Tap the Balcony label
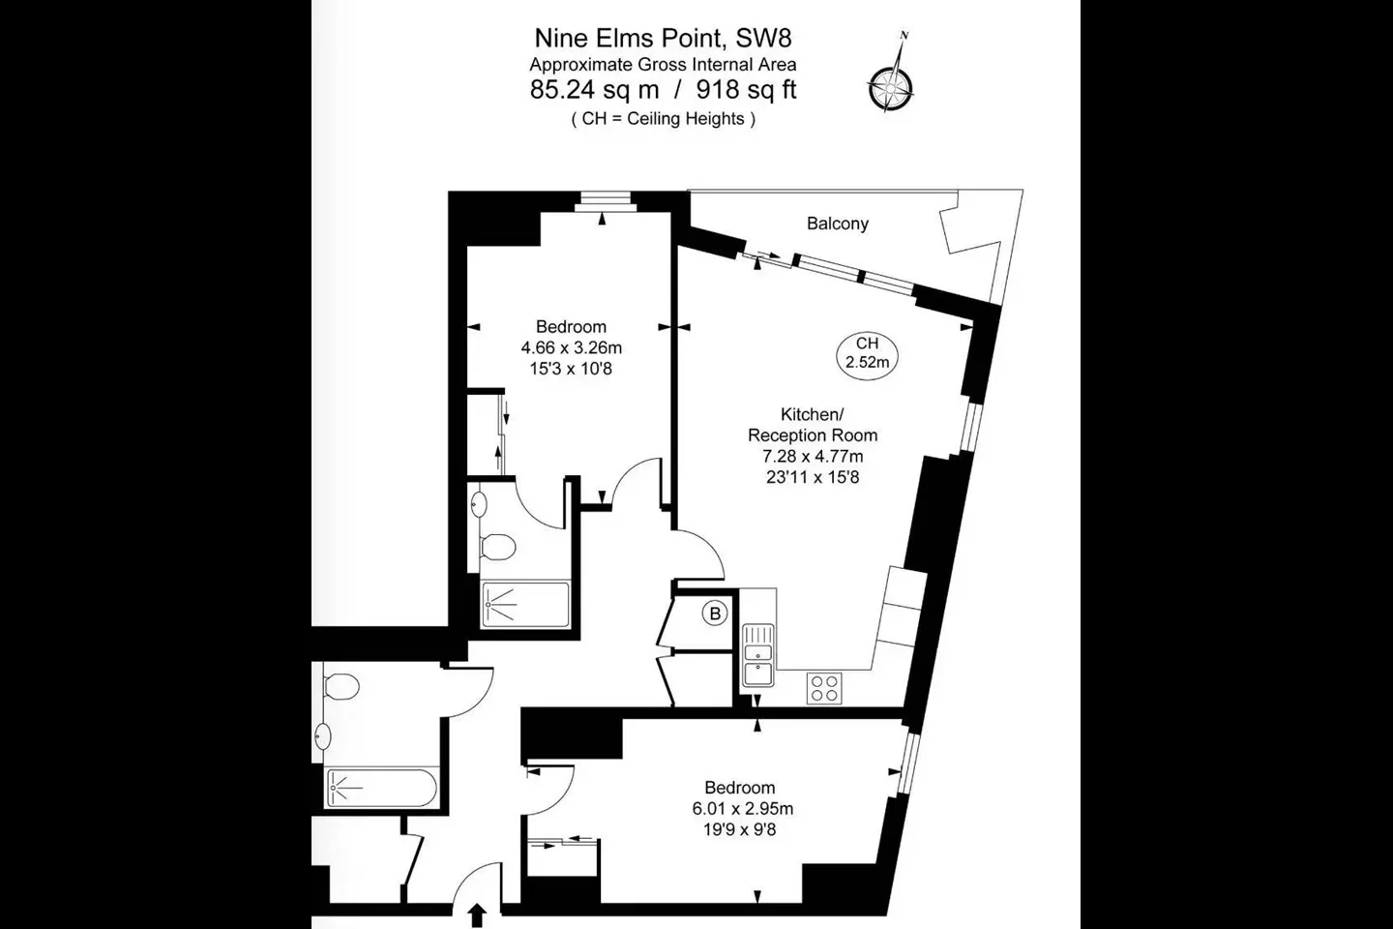pyautogui.click(x=837, y=224)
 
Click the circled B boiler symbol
pyautogui.click(x=715, y=614)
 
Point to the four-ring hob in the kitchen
pyautogui.click(x=824, y=688)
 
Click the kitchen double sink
pyautogui.click(x=758, y=655)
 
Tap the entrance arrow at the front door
pyautogui.click(x=477, y=915)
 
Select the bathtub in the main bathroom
pyautogui.click(x=381, y=789)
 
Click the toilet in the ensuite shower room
pyautogui.click(x=498, y=548)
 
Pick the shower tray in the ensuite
pyautogui.click(x=525, y=604)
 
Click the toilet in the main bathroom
pyautogui.click(x=341, y=687)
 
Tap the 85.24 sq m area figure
pyautogui.click(x=594, y=90)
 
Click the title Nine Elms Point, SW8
pyautogui.click(x=663, y=39)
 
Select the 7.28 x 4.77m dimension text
pyautogui.click(x=813, y=457)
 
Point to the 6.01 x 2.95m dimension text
pyautogui.click(x=743, y=809)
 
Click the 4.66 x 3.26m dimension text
pyautogui.click(x=571, y=347)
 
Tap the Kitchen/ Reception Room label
pyautogui.click(x=813, y=425)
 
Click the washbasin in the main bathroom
pyautogui.click(x=323, y=736)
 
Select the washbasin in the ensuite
pyautogui.click(x=479, y=504)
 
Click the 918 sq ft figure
pyautogui.click(x=746, y=90)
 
